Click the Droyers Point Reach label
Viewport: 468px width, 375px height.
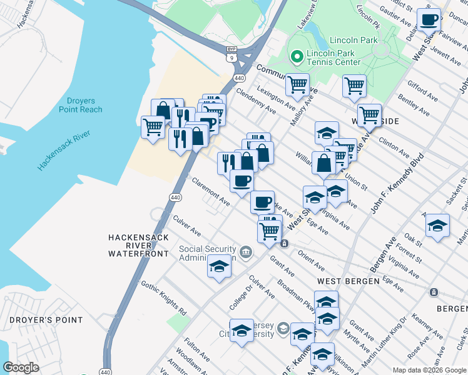[81, 104]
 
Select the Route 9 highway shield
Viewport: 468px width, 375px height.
[232, 57]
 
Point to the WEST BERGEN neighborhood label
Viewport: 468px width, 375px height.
[348, 281]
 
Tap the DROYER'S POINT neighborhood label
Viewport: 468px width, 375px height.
[46, 320]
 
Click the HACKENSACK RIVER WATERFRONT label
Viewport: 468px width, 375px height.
[138, 246]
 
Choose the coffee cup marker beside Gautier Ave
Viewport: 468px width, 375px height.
[429, 21]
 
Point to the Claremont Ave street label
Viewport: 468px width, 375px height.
[211, 191]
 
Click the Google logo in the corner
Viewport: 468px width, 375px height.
[21, 367]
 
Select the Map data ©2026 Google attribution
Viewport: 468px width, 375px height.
[429, 370]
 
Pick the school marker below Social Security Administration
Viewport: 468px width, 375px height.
[219, 267]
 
